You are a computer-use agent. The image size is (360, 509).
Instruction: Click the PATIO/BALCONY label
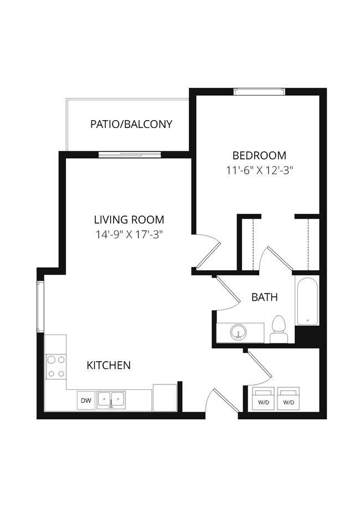[x=131, y=124]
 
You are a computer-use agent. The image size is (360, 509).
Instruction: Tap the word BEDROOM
[x=259, y=156]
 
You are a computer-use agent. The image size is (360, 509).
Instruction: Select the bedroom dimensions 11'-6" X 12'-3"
[x=259, y=171]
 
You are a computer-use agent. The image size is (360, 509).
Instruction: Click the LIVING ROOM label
[x=129, y=219]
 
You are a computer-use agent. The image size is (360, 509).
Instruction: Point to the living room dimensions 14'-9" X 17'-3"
[x=129, y=234]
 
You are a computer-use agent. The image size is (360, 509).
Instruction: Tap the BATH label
[x=265, y=297]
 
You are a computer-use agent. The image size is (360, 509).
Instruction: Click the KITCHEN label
[x=109, y=365]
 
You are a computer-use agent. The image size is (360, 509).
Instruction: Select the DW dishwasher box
[x=86, y=400]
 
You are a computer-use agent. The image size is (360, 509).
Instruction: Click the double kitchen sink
[x=111, y=399]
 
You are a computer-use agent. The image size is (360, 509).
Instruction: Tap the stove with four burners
[x=55, y=366]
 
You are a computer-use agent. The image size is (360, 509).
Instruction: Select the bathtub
[x=306, y=302]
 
